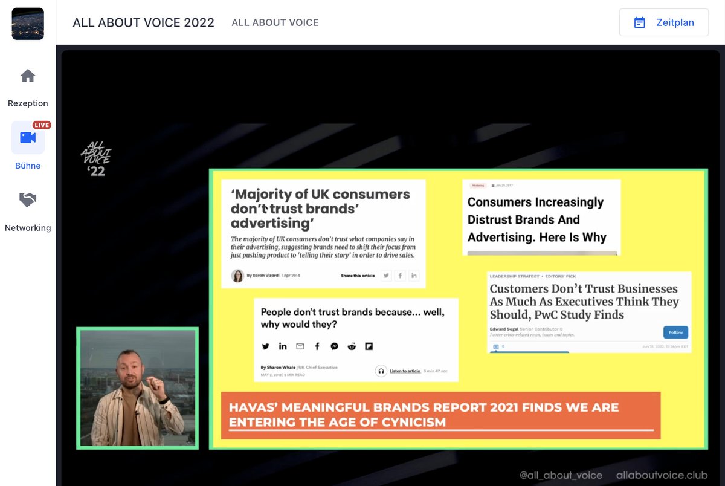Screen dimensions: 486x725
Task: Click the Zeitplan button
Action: tap(663, 22)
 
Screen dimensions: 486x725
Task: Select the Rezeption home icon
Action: tap(28, 76)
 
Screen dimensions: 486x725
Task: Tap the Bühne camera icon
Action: tap(28, 138)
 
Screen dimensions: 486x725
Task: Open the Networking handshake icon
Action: tap(28, 200)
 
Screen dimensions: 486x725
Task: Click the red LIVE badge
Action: tap(42, 125)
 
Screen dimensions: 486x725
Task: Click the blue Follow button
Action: tap(675, 332)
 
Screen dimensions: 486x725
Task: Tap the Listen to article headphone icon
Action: tap(381, 371)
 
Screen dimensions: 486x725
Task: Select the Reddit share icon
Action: tap(352, 346)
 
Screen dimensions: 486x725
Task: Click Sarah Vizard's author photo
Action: tap(237, 276)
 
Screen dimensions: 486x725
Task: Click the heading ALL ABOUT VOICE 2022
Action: tap(143, 22)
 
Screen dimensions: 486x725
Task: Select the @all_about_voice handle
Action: tap(561, 475)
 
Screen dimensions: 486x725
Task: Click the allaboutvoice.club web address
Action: tap(662, 475)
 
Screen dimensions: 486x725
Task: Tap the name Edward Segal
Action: tap(506, 329)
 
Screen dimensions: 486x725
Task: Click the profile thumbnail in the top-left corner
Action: tap(28, 24)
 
